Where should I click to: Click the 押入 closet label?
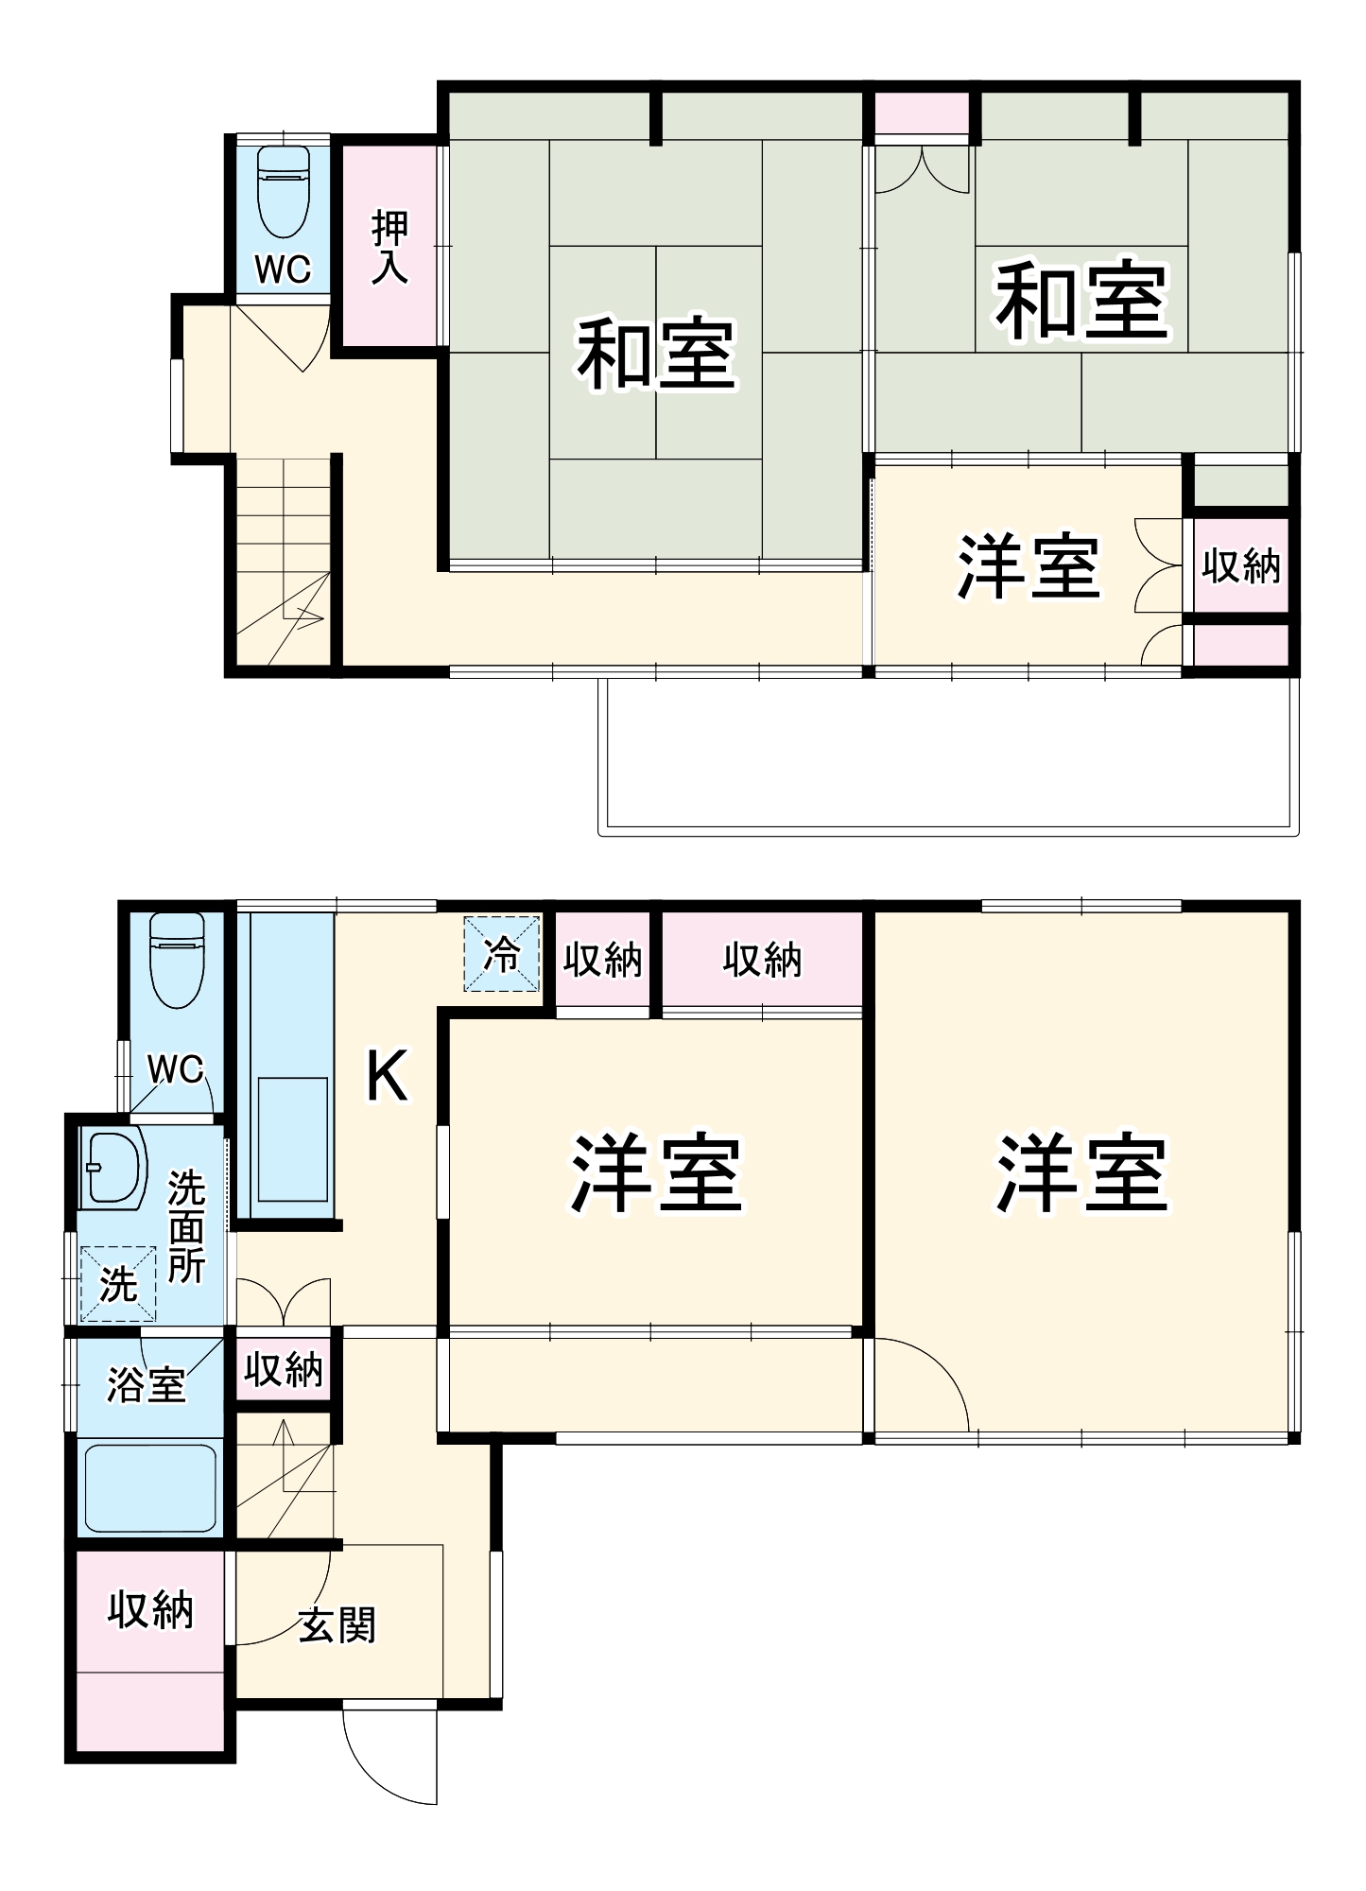pyautogui.click(x=389, y=247)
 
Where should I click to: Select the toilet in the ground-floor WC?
pyautogui.click(x=177, y=959)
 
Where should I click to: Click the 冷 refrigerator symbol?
pyautogui.click(x=501, y=955)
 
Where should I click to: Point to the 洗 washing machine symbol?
pyautogui.click(x=118, y=1283)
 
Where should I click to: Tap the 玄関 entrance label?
pyautogui.click(x=337, y=1624)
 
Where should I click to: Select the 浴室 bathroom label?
pyautogui.click(x=146, y=1385)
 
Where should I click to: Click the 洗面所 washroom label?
pyautogui.click(x=185, y=1226)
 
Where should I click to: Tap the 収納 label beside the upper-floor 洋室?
pyautogui.click(x=1241, y=565)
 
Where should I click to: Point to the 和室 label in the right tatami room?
pyautogui.click(x=1081, y=303)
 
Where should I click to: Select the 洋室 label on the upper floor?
pyautogui.click(x=1029, y=566)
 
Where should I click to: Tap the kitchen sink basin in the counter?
pyautogui.click(x=292, y=1138)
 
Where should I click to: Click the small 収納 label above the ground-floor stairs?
pyautogui.click(x=283, y=1370)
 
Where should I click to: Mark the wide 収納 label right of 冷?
pyautogui.click(x=762, y=960)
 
